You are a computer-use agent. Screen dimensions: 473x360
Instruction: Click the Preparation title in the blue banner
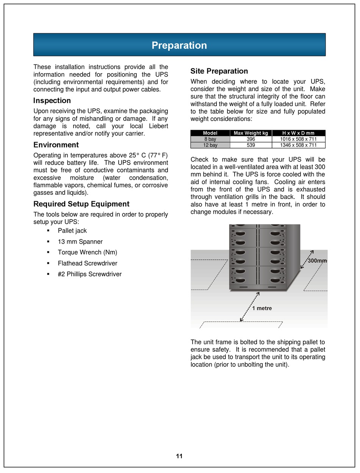[x=179, y=45]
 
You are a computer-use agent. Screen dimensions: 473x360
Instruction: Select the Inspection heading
[x=52, y=101]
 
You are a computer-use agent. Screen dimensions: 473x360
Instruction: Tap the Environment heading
[x=56, y=145]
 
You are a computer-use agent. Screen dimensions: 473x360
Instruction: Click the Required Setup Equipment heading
[x=81, y=204]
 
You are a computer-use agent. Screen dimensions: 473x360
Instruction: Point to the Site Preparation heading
[x=219, y=71]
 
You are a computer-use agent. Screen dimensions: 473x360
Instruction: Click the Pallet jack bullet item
[x=72, y=231]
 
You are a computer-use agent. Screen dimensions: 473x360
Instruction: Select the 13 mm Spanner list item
[x=80, y=242]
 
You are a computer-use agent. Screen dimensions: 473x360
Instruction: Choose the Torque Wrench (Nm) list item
[x=88, y=252]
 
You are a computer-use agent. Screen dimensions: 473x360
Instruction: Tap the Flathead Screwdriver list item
[x=88, y=263]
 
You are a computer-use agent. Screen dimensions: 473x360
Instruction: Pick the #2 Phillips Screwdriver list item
[x=90, y=274]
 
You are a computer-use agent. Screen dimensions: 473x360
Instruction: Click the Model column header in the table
[x=210, y=133]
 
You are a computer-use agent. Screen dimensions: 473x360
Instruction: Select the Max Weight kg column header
[x=251, y=133]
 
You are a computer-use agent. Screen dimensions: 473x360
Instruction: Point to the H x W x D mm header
[x=298, y=133]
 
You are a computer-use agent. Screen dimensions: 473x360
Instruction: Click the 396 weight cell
[x=251, y=139]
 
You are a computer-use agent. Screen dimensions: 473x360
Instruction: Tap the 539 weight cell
[x=251, y=145]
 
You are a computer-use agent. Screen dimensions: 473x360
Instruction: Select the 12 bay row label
[x=210, y=145]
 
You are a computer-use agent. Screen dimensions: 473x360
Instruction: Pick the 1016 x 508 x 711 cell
[x=298, y=139]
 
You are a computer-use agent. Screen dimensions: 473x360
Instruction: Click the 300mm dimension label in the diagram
[x=317, y=261]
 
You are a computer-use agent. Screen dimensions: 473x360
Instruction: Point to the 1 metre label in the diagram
[x=262, y=309]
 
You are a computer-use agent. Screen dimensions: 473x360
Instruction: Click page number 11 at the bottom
[x=179, y=456]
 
